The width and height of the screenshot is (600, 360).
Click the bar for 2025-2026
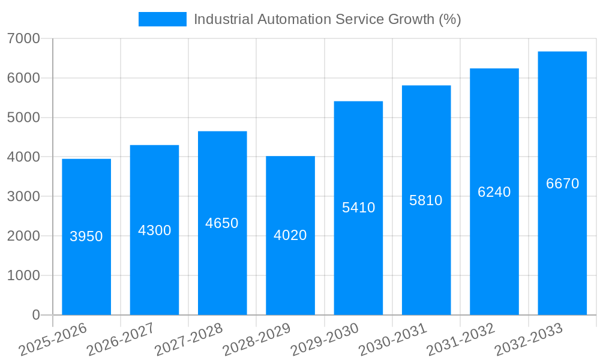pyautogui.click(x=86, y=270)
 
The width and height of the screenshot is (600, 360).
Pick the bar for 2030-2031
pyautogui.click(x=426, y=258)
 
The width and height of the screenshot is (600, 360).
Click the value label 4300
pyautogui.click(x=155, y=230)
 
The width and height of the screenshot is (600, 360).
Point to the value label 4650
pyautogui.click(x=222, y=223)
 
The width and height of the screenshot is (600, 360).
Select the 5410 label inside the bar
pyautogui.click(x=358, y=208)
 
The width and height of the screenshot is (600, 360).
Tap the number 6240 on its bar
pyautogui.click(x=494, y=192)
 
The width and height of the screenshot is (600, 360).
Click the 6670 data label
pyautogui.click(x=562, y=184)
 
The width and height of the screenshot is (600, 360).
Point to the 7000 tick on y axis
pyautogui.click(x=23, y=38)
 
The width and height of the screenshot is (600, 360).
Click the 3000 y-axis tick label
pyautogui.click(x=23, y=197)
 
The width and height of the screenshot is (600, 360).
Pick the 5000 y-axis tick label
pyautogui.click(x=23, y=118)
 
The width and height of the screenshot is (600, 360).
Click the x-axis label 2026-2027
pyautogui.click(x=121, y=340)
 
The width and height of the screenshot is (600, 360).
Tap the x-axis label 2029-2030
pyautogui.click(x=325, y=340)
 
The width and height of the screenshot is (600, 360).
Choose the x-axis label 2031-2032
pyautogui.click(x=461, y=340)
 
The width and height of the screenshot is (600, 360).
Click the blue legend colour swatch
pyautogui.click(x=162, y=19)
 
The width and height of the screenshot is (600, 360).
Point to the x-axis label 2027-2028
pyautogui.click(x=188, y=340)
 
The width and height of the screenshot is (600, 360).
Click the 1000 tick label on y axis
pyautogui.click(x=23, y=275)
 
